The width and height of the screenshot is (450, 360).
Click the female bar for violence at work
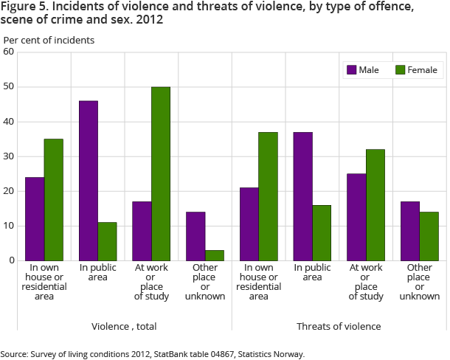(161, 173)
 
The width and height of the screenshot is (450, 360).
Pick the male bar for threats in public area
(303, 196)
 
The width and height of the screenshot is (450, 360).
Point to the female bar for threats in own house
(268, 196)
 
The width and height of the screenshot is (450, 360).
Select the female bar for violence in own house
(53, 199)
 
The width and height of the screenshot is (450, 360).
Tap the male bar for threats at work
(356, 217)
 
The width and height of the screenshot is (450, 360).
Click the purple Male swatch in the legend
(351, 70)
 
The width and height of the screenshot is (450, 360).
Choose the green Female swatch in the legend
(401, 70)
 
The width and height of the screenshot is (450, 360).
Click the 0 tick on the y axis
(11, 260)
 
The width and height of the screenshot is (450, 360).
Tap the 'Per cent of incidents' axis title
(49, 40)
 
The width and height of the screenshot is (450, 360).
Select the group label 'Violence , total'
(124, 326)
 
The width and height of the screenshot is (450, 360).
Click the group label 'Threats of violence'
(339, 326)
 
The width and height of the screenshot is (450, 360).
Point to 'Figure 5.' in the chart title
(23, 9)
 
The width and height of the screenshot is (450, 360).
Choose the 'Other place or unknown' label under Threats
(419, 281)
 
